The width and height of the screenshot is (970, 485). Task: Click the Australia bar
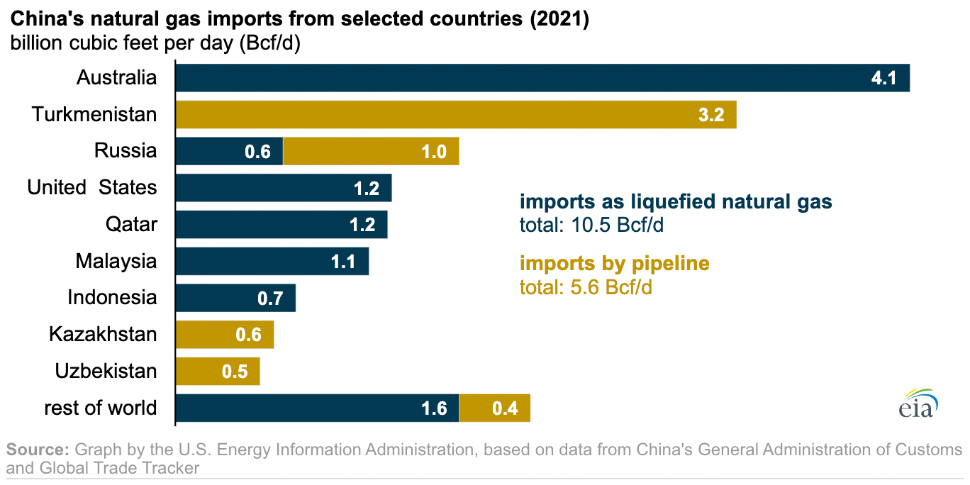pyautogui.click(x=542, y=77)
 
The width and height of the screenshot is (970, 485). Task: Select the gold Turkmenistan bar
pyautogui.click(x=455, y=114)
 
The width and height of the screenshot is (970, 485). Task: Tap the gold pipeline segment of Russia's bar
pyautogui.click(x=371, y=151)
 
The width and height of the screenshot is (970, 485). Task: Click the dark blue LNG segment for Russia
pyautogui.click(x=228, y=151)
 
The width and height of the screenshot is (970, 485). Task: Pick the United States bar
pyautogui.click(x=283, y=188)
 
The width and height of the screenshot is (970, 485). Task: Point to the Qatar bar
pyautogui.click(x=281, y=225)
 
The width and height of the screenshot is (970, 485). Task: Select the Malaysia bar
pyautogui.click(x=272, y=262)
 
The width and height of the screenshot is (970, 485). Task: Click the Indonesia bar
pyautogui.click(x=235, y=299)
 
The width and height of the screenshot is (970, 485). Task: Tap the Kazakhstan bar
pyautogui.click(x=224, y=335)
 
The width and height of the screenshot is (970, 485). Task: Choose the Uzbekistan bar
pyautogui.click(x=217, y=372)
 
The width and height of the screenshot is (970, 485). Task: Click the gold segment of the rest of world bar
pyautogui.click(x=495, y=408)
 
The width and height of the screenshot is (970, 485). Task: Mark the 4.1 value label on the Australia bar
pyautogui.click(x=884, y=78)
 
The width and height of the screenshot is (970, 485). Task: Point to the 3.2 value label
pyautogui.click(x=711, y=115)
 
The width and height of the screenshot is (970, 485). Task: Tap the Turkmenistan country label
pyautogui.click(x=94, y=114)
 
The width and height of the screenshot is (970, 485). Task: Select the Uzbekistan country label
pyautogui.click(x=106, y=372)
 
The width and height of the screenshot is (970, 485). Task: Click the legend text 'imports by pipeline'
pyautogui.click(x=614, y=264)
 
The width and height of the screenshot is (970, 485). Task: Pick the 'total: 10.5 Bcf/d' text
pyautogui.click(x=592, y=226)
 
